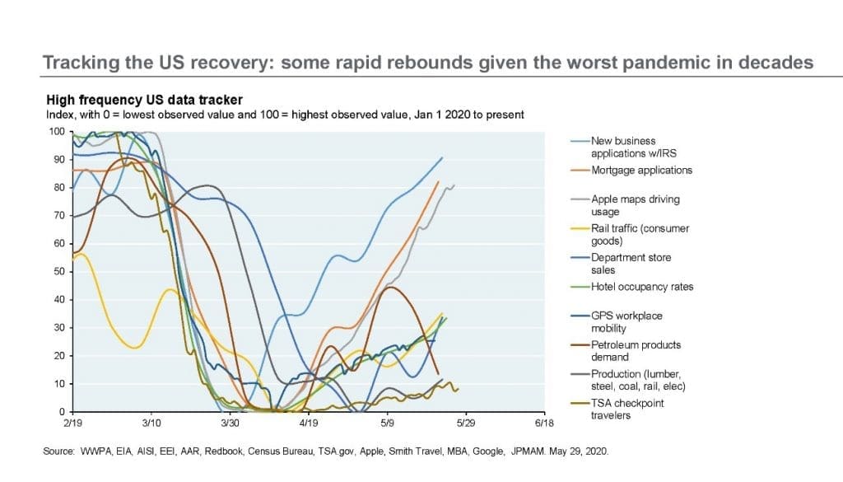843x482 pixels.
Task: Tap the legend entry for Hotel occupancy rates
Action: tap(642, 287)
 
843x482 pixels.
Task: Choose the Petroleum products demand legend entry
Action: tap(636, 351)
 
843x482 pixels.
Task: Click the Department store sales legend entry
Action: tap(631, 264)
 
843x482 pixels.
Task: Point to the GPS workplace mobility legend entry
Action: tap(626, 321)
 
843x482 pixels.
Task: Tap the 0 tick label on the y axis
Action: tap(63, 411)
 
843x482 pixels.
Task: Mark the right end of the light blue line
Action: tap(442, 157)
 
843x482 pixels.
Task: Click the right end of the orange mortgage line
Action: tap(438, 181)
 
